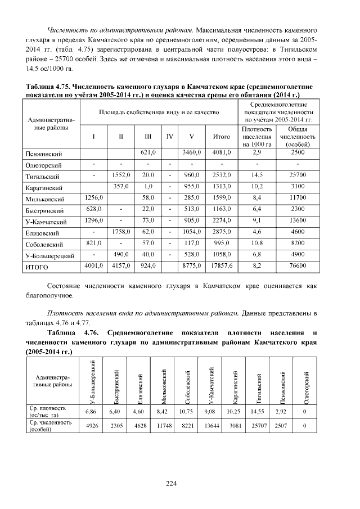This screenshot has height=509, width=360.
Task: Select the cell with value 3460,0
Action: (192, 152)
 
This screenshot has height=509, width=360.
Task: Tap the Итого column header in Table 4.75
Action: (222, 137)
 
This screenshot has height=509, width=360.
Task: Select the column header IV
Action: (169, 137)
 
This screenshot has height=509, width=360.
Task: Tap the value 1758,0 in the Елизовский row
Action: (121, 232)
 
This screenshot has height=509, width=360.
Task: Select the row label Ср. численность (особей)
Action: (51, 426)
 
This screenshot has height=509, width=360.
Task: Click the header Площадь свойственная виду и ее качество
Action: (159, 113)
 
